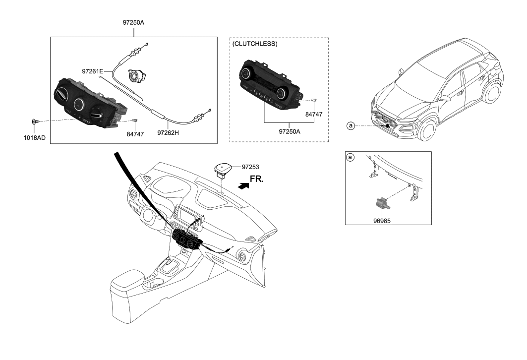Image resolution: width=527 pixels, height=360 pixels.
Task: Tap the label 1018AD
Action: [x=35, y=137]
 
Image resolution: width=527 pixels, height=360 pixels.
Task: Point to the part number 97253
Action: [x=251, y=168]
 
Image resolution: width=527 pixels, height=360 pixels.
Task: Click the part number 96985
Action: [x=382, y=216]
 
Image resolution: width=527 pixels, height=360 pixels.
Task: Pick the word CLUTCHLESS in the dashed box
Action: [x=255, y=44]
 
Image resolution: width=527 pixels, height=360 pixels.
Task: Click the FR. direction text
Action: [x=257, y=180]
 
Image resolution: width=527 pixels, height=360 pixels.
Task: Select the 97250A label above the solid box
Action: [x=133, y=23]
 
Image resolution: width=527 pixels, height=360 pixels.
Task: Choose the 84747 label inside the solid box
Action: [x=135, y=133]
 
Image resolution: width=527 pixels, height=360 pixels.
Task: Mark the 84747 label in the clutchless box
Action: [x=313, y=114]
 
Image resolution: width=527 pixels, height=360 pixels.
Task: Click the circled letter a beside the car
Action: [x=351, y=126]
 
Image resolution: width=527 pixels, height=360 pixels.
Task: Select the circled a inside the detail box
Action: [x=351, y=158]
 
